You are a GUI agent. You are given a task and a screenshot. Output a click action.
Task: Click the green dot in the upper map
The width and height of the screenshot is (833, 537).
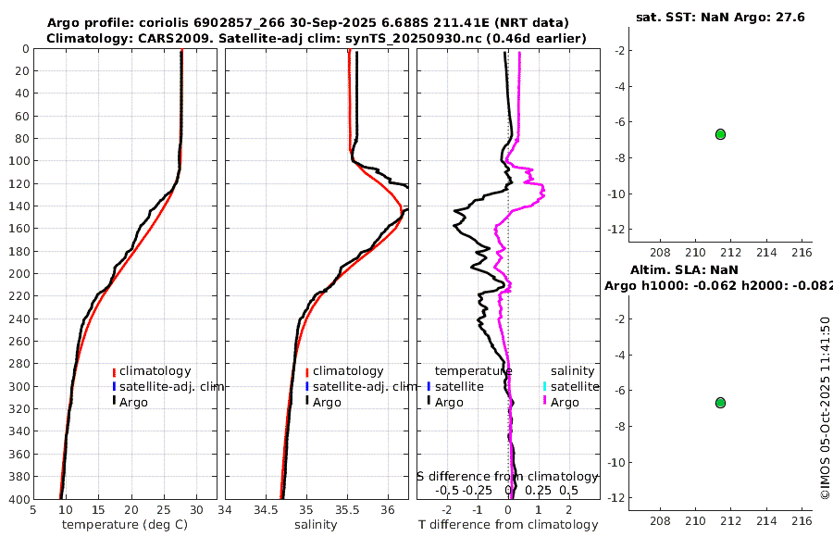pos(720,134)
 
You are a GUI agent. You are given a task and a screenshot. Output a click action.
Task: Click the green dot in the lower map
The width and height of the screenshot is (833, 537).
pos(720,403)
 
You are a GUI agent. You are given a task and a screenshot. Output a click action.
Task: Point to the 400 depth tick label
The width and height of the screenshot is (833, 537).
pos(19,499)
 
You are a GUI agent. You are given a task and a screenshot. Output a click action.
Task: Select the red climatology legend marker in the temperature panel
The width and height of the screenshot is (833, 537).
pos(114,372)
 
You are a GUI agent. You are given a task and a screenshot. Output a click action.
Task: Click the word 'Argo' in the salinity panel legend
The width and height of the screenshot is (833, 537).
pos(327,403)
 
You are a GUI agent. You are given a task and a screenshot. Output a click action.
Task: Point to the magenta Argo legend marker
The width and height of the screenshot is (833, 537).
pos(545,402)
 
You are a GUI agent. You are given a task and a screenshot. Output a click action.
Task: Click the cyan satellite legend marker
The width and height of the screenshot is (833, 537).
pos(545,386)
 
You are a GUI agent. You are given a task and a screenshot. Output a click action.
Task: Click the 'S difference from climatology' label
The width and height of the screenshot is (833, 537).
pos(508,476)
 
